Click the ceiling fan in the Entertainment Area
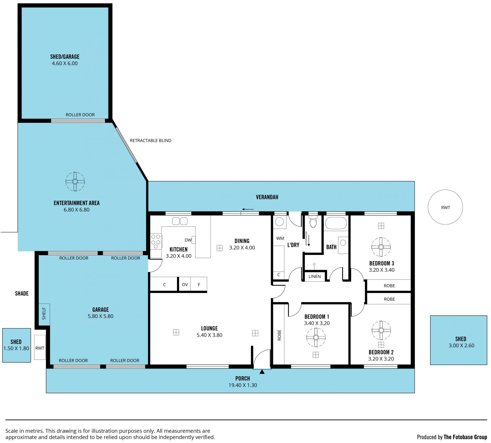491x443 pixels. coord(75,181)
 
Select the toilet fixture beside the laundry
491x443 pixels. coord(313,221)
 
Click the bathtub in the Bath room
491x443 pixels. coord(336,223)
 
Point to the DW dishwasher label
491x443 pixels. coord(188,240)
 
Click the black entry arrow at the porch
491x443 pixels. coord(262,372)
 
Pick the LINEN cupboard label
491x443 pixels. coord(315,276)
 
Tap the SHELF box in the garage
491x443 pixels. coord(44,315)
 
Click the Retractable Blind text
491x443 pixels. coord(151,141)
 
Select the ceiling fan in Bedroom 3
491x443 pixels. coord(381,247)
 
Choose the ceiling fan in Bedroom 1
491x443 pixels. coord(316,337)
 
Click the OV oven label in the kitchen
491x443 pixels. coord(185,285)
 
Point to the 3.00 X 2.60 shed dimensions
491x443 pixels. coord(461,345)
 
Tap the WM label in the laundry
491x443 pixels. coord(280,238)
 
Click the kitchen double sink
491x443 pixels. coord(180,221)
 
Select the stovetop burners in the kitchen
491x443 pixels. coord(156,241)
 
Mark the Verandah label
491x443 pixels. coord(267,197)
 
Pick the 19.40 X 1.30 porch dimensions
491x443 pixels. coord(243,385)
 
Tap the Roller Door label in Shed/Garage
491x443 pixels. coord(80,115)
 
